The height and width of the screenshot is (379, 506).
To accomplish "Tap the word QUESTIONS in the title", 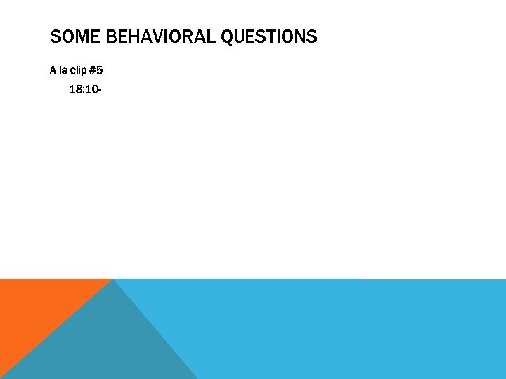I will (269, 36).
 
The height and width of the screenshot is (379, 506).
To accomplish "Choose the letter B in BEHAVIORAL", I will (111, 36).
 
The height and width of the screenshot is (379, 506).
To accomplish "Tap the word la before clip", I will (62, 70).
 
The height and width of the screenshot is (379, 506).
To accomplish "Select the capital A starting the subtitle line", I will (53, 70).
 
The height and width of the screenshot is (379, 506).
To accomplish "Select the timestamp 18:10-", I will (86, 90).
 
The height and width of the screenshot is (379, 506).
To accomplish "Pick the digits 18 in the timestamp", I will (75, 90).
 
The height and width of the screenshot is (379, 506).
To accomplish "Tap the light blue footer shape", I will (337, 330).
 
